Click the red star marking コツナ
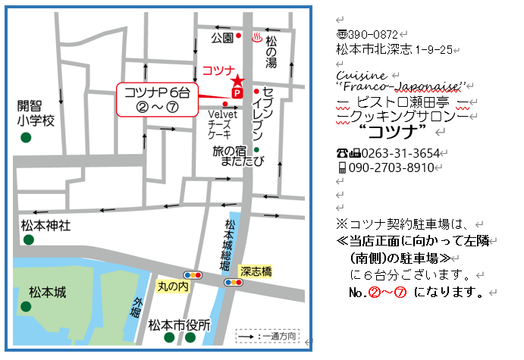237,80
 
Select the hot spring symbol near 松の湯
256,36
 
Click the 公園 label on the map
221,36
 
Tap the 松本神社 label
46,225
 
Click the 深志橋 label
256,271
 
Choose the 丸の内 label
172,286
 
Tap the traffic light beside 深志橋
233,282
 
